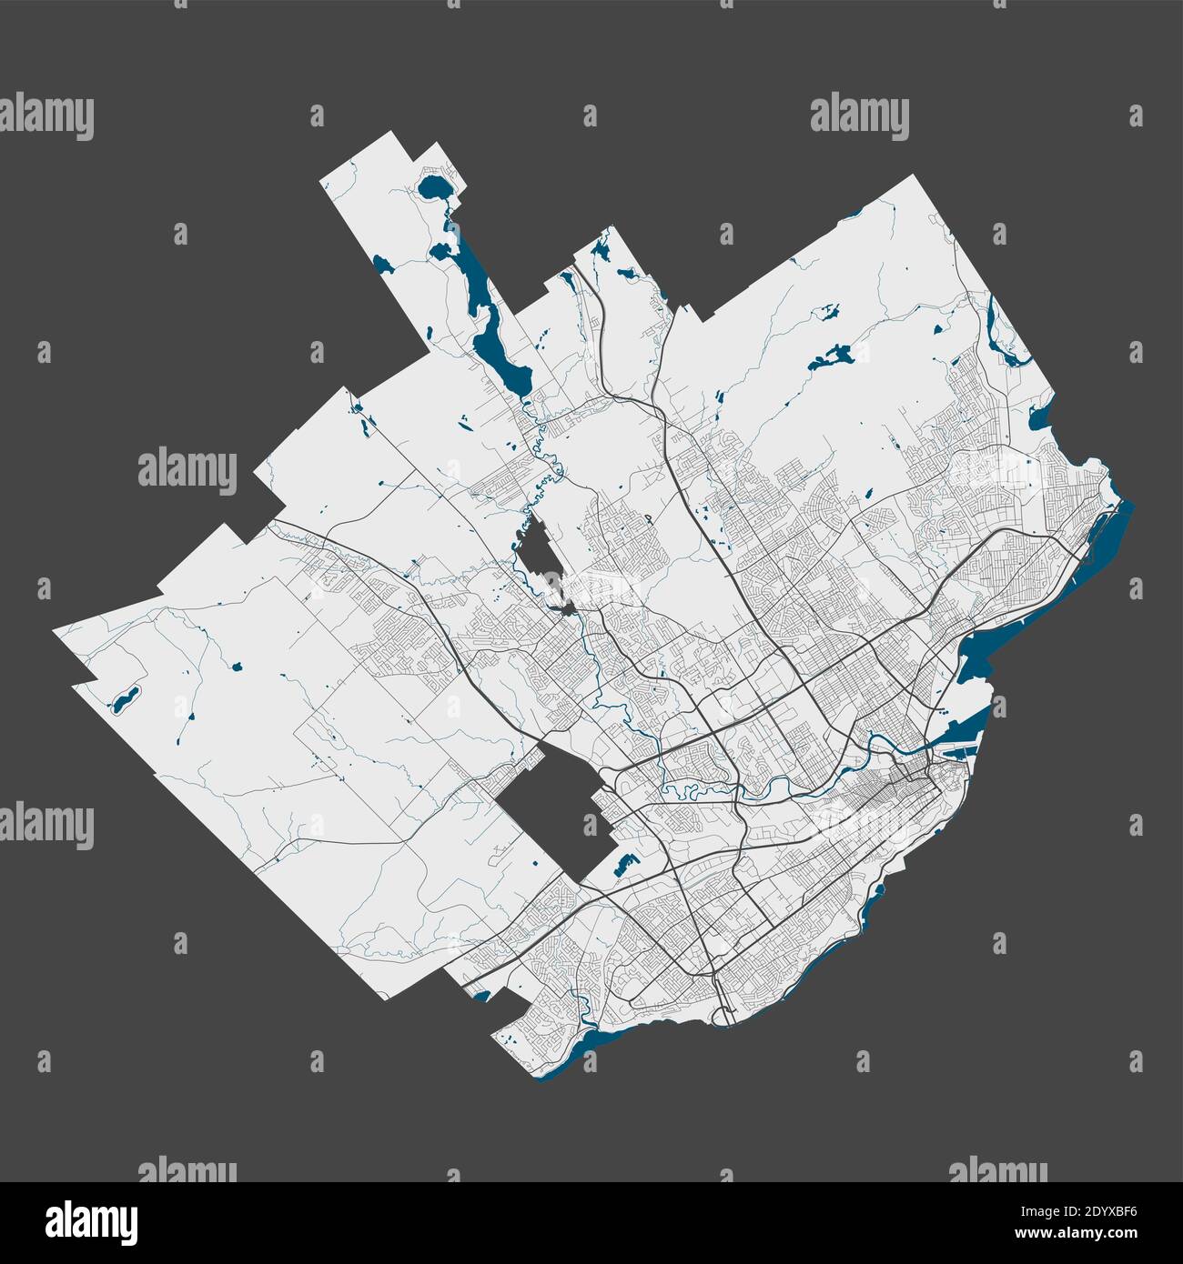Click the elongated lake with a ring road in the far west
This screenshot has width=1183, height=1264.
pos(125,699)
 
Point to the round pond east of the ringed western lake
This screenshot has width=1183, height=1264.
pos(238,667)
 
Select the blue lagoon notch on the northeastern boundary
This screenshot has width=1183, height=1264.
pos(1037,418)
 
